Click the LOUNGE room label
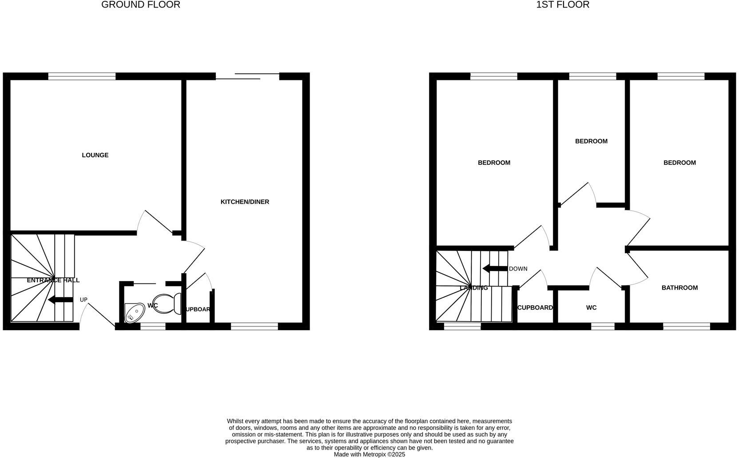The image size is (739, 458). point(95,155)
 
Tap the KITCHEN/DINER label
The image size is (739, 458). point(245,202)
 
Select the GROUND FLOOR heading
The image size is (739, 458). point(141,5)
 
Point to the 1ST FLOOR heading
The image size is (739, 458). point(563,5)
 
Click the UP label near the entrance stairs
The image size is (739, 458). point(83,300)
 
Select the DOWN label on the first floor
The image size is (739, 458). point(518,269)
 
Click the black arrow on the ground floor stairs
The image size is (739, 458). point(60,300)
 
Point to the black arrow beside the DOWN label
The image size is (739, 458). point(495,269)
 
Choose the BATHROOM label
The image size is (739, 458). point(679,288)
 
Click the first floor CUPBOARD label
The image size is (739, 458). point(535,307)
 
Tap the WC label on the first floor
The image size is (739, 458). point(591,307)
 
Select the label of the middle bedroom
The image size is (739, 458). point(591,141)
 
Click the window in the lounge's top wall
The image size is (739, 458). point(82,76)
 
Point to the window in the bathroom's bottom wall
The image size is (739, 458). point(687,327)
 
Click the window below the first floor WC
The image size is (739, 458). point(603,327)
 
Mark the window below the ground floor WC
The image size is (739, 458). point(153,327)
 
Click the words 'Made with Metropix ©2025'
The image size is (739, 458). point(369,454)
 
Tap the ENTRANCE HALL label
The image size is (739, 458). point(53,280)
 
